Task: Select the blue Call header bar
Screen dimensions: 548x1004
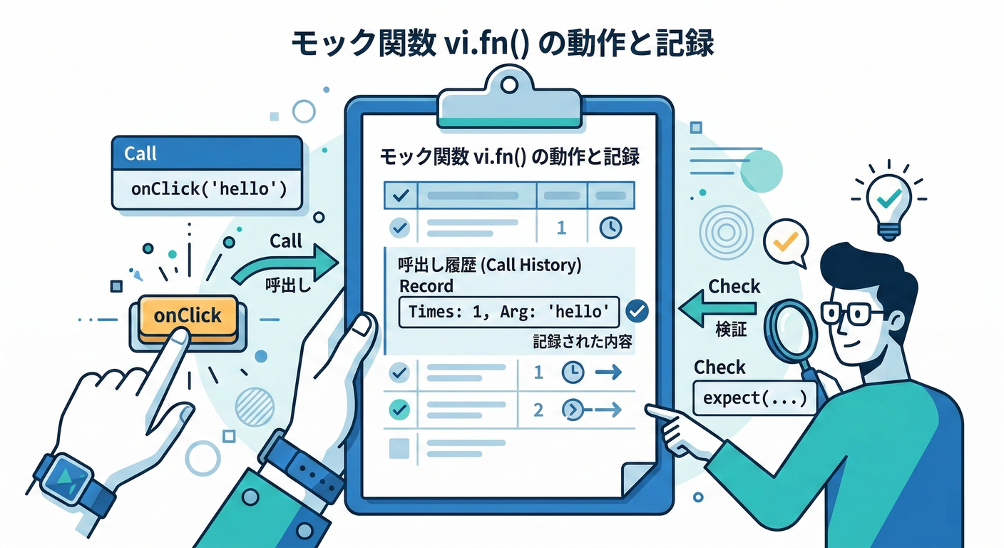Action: coord(207,153)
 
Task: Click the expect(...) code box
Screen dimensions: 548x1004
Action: coord(754,397)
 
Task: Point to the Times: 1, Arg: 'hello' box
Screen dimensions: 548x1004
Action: coord(508,312)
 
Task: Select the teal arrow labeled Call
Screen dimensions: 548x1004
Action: coord(285,266)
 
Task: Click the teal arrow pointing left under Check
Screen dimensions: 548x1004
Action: coord(717,309)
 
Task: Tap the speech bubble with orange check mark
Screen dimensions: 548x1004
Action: coord(785,243)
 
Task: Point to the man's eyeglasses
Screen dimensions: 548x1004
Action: coord(852,313)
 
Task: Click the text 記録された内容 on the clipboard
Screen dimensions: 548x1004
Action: coord(583,342)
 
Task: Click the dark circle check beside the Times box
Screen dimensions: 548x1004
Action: coord(636,311)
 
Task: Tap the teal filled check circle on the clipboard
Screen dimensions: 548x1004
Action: coord(400,409)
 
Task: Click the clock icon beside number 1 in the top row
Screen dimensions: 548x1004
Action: coord(610,228)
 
